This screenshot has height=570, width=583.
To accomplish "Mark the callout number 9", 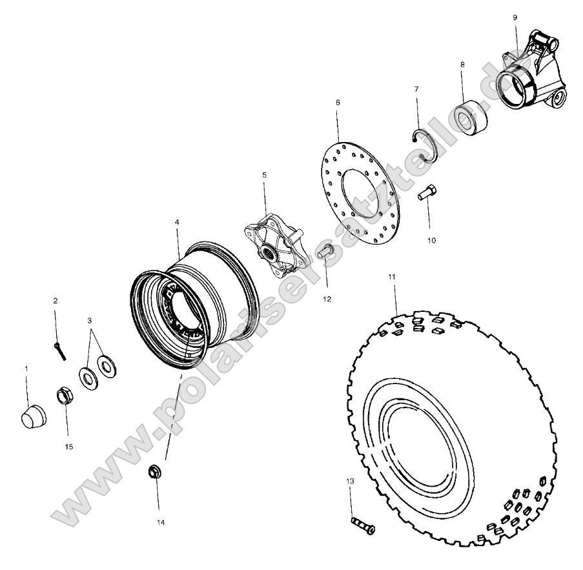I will point(515,17).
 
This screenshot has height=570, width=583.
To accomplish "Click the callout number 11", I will point(392,276).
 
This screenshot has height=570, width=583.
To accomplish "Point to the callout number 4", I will point(177,221).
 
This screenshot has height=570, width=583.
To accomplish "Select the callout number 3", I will point(90,320).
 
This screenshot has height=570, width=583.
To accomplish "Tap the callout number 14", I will point(160,522).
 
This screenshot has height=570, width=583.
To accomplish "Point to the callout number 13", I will point(350,481).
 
